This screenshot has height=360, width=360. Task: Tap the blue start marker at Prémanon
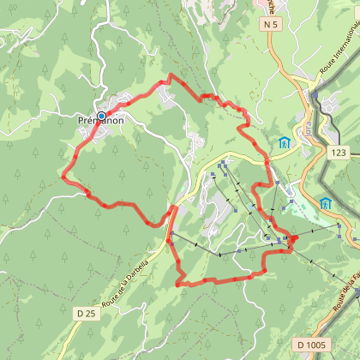coord(101,116)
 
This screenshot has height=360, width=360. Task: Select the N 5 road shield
coord(272,25)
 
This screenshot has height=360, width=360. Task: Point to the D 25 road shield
coord(85,291)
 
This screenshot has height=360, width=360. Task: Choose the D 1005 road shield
coord(313,321)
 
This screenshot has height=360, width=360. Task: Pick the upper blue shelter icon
coord(284,142)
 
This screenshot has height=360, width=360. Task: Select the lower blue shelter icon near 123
coord(326,203)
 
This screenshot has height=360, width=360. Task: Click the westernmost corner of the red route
coord(63,177)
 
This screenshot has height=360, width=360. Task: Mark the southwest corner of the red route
coord(177,282)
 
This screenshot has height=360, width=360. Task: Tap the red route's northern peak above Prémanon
coord(170,76)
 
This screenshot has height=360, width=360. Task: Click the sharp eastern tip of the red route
coord(296,237)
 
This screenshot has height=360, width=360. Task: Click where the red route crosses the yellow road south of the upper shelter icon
coord(267,160)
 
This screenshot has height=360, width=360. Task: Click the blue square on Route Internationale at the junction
coord(315,96)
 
